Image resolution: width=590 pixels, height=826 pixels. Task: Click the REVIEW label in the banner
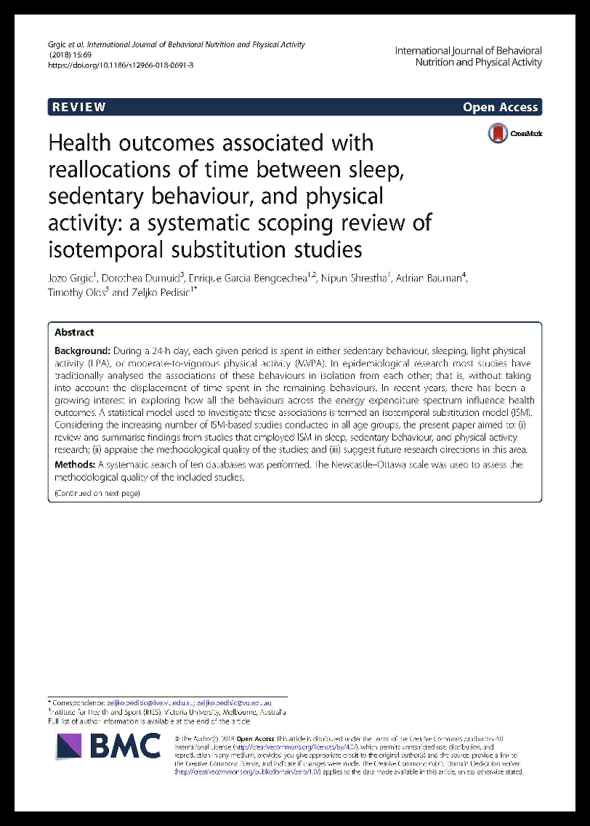pos(78,107)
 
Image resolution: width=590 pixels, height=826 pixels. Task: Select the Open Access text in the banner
pos(501,107)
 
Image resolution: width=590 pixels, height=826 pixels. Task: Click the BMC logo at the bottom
pos(109,746)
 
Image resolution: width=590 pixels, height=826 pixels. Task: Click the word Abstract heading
pos(74,332)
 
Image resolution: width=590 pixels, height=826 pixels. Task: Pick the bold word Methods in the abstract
pos(75,465)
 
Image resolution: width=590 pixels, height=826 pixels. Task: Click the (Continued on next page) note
pos(97,494)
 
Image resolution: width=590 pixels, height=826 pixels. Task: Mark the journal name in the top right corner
pos(468,57)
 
